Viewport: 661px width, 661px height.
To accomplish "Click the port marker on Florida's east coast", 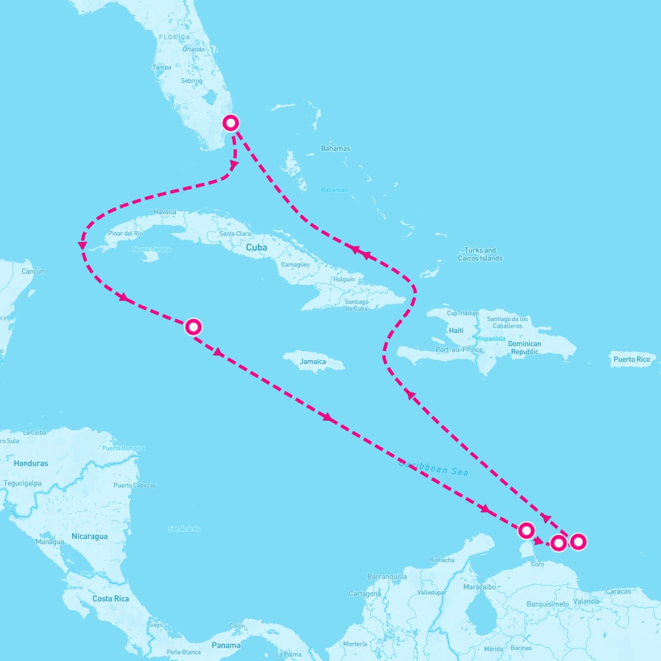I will pyautogui.click(x=230, y=123).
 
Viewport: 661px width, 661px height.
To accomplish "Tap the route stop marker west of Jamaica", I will pyautogui.click(x=193, y=327).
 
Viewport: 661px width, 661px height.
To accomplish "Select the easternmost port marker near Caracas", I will pyautogui.click(x=578, y=541).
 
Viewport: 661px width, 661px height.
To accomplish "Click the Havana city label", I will pyautogui.click(x=165, y=212).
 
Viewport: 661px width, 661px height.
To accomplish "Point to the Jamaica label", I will pyautogui.click(x=313, y=362).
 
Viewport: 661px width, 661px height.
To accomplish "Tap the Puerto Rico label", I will pyautogui.click(x=631, y=359).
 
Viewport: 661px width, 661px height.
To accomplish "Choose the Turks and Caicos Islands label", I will pyautogui.click(x=480, y=254).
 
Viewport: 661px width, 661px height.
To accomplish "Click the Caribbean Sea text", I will pyautogui.click(x=434, y=468).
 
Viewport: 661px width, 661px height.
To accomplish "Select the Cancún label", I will pyautogui.click(x=33, y=271).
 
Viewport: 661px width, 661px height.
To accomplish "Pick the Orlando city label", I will pyautogui.click(x=193, y=49).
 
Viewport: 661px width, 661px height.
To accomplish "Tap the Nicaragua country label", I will pyautogui.click(x=90, y=536).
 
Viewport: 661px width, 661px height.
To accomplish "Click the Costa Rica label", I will pyautogui.click(x=110, y=599).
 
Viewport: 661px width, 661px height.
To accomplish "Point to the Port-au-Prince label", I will pyautogui.click(x=459, y=349).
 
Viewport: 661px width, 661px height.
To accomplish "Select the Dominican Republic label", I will pyautogui.click(x=524, y=348).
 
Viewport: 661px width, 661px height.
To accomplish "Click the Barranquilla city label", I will pyautogui.click(x=387, y=577).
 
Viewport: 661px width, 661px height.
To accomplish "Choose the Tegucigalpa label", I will pyautogui.click(x=23, y=483).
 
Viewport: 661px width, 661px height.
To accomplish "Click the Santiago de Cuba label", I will pyautogui.click(x=356, y=305).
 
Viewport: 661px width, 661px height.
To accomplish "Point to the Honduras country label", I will pyautogui.click(x=31, y=463).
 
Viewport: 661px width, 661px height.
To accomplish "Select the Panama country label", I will pyautogui.click(x=226, y=645).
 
